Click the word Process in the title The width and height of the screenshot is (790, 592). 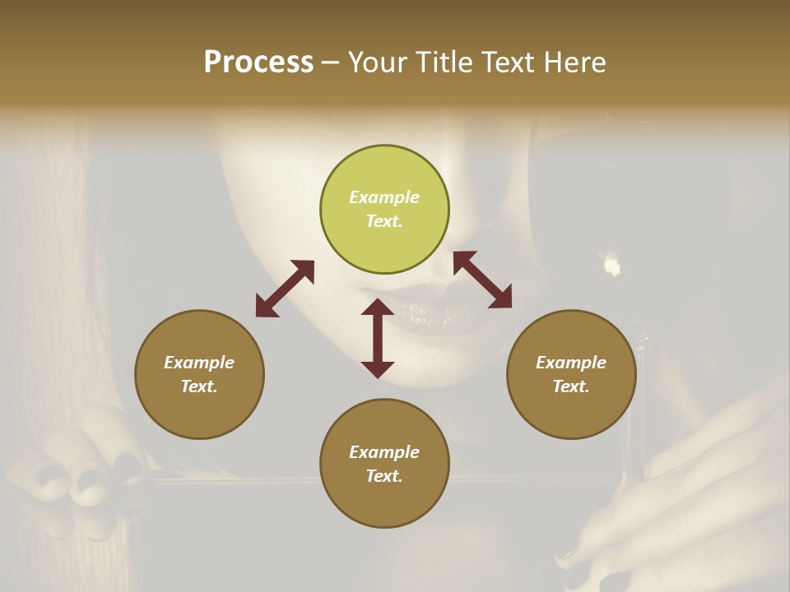(x=258, y=62)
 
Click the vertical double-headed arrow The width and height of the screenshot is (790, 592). (x=378, y=338)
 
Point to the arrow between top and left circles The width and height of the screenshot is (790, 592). (x=285, y=289)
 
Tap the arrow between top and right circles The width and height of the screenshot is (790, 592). (x=482, y=280)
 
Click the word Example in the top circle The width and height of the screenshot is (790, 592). (x=384, y=197)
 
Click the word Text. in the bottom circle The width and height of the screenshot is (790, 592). (x=384, y=476)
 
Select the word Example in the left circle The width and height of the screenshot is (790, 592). (x=199, y=363)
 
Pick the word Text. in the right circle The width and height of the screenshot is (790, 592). (x=571, y=386)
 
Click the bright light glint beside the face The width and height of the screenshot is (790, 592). (x=611, y=265)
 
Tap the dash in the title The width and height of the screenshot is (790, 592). (x=331, y=62)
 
